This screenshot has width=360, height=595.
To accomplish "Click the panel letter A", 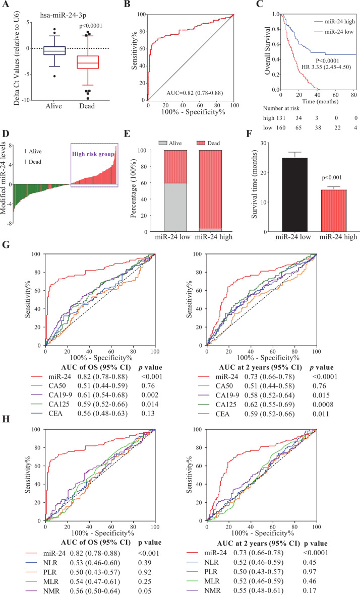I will tap(6, 6).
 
